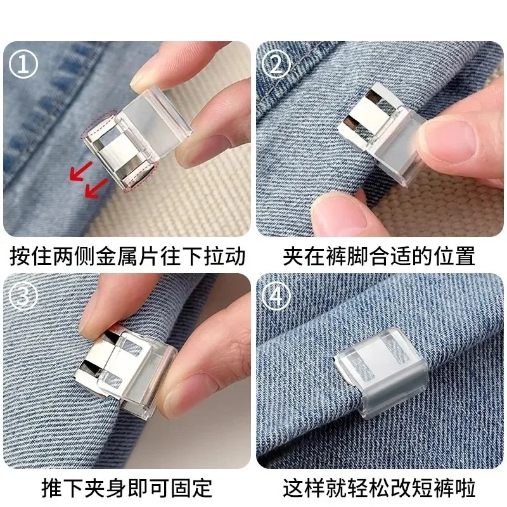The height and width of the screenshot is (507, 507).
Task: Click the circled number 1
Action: (24, 65)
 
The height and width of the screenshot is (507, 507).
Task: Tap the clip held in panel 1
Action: (136, 143)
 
